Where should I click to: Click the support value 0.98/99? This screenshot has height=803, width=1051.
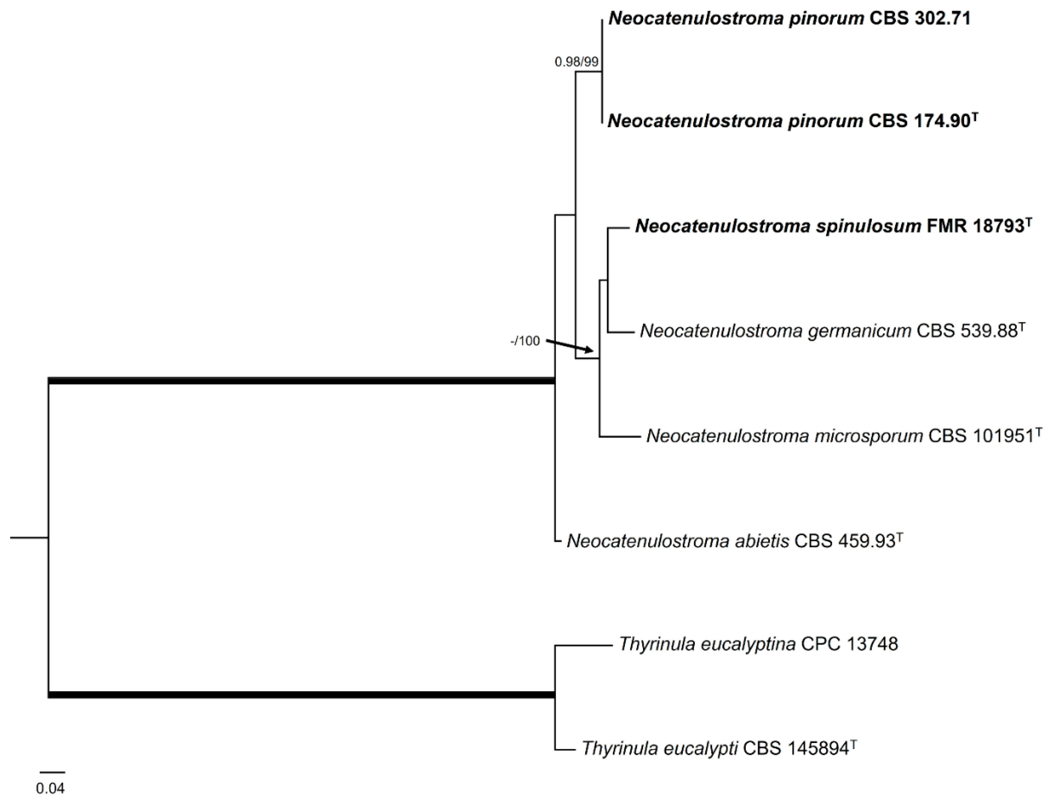point(576,62)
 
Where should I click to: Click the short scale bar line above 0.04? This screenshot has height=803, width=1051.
point(52,772)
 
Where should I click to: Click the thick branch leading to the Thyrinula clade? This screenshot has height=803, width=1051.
point(301,694)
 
